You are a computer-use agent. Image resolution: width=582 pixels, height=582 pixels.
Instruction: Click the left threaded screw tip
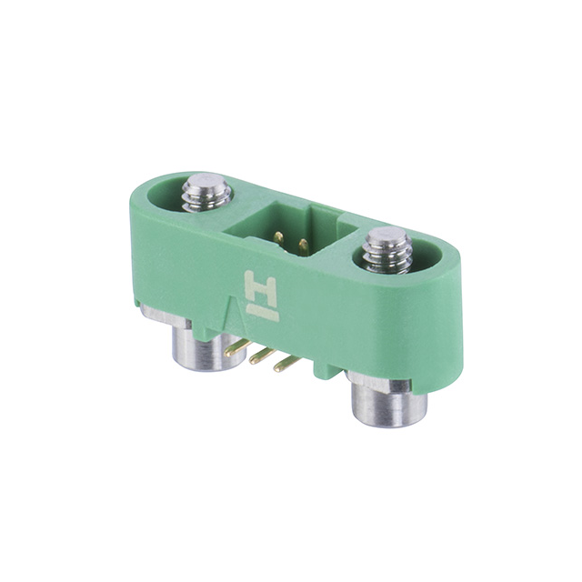[x=206, y=192]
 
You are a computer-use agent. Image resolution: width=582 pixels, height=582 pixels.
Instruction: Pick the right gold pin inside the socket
[x=303, y=245]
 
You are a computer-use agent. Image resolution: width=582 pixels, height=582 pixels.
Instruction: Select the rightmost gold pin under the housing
[x=286, y=364]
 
